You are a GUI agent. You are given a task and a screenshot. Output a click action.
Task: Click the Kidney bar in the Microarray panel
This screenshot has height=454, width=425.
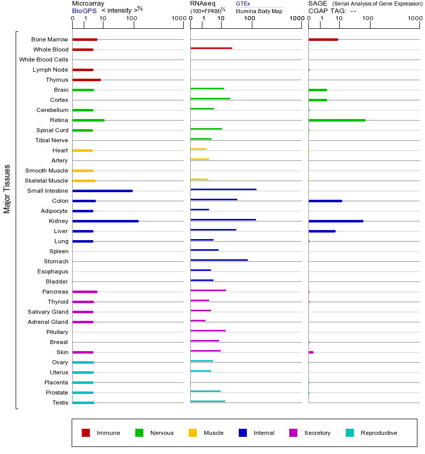tap(105, 221)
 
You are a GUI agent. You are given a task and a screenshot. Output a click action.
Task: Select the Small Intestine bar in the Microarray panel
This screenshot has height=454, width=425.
tap(102, 191)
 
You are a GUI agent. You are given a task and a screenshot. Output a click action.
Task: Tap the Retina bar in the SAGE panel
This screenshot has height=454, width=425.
tap(337, 120)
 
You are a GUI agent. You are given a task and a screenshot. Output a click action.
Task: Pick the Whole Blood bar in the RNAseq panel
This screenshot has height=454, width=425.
tap(211, 48)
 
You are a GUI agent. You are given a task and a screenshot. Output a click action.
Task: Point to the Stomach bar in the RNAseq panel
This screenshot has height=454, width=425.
tap(219, 260)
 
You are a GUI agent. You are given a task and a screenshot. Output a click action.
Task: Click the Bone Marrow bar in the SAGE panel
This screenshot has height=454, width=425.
tap(323, 39)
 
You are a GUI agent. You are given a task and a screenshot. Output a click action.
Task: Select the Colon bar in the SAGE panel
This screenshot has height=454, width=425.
tap(325, 201)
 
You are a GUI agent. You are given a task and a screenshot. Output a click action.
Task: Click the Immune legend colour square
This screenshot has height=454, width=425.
tap(86, 433)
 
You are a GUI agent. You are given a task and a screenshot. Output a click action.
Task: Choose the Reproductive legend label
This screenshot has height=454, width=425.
tap(379, 433)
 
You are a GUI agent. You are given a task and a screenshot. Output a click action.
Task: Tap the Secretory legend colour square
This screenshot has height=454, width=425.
tap(293, 433)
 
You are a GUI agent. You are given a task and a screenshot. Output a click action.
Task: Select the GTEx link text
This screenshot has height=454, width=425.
tap(243, 4)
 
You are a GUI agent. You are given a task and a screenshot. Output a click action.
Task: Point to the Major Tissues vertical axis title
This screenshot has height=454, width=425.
tap(7, 189)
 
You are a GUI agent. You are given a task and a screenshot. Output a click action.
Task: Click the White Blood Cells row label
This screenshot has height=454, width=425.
tap(43, 60)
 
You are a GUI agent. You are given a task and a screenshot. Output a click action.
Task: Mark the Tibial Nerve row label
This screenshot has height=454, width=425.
tap(51, 140)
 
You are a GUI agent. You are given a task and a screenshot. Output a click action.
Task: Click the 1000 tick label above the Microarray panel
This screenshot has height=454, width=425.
tap(178, 19)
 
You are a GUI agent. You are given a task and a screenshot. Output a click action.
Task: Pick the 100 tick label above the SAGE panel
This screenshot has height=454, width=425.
tap(367, 19)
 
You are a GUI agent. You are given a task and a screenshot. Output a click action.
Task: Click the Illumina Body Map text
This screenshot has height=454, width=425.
tap(259, 11)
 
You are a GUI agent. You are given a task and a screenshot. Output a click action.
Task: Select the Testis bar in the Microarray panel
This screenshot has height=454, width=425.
tap(83, 403)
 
